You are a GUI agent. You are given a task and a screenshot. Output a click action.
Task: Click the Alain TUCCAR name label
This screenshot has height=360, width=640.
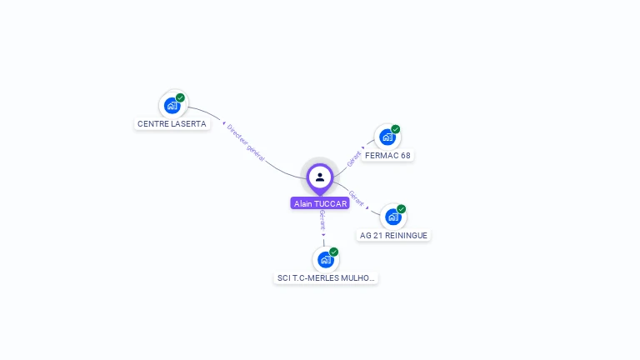coord(320,203)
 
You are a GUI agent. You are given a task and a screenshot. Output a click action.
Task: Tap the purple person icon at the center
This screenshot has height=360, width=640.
coord(320,177)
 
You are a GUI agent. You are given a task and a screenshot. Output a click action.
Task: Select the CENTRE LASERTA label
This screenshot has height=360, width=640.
coord(172,124)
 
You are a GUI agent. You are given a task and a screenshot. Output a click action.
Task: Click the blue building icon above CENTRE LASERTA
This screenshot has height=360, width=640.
coord(171,106)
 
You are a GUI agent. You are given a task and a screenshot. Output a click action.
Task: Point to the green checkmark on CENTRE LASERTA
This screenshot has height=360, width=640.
coord(180,97)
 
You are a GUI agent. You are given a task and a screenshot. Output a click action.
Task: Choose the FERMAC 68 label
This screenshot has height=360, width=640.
coord(388,156)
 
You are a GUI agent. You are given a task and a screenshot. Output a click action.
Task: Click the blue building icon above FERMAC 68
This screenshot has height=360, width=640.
coord(387,137)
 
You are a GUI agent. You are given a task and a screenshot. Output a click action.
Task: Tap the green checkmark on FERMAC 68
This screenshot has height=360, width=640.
coord(396,129)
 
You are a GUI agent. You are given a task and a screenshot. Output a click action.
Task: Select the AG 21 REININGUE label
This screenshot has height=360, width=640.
coord(393,236)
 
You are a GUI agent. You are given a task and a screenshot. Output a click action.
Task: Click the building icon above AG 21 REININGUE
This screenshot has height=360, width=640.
coord(392,217)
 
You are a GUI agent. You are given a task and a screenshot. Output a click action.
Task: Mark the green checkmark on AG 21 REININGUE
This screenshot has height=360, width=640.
coord(402,209)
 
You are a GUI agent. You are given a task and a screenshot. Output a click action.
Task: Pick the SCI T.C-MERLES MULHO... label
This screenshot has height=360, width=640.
coord(326,278)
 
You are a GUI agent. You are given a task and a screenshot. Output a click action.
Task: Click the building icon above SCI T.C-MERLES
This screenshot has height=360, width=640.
coord(325,259)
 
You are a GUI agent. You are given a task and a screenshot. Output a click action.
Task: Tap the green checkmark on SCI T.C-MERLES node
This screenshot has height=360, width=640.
coord(334,252)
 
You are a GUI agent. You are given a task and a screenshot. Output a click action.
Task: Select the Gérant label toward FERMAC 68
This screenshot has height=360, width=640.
coord(355,157)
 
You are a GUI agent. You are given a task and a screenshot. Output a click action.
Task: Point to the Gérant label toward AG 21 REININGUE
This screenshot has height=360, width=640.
coord(356,198)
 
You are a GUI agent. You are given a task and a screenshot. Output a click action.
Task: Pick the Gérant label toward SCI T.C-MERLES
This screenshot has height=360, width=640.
coord(322,221)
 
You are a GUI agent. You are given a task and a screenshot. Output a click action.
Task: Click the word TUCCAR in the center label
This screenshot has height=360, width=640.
coord(331,203)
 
